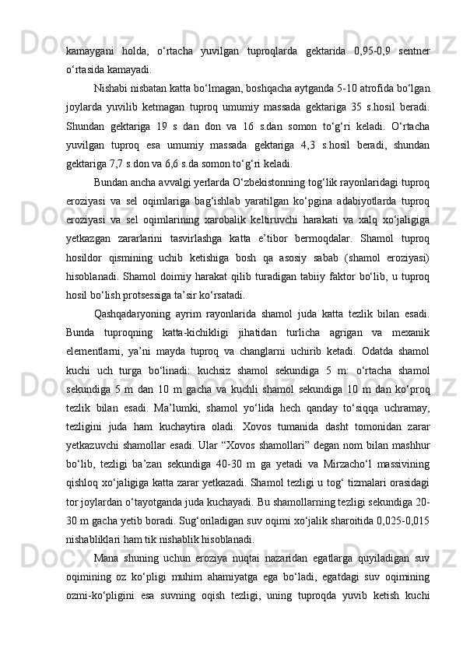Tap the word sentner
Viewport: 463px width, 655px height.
(x=413, y=51)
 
